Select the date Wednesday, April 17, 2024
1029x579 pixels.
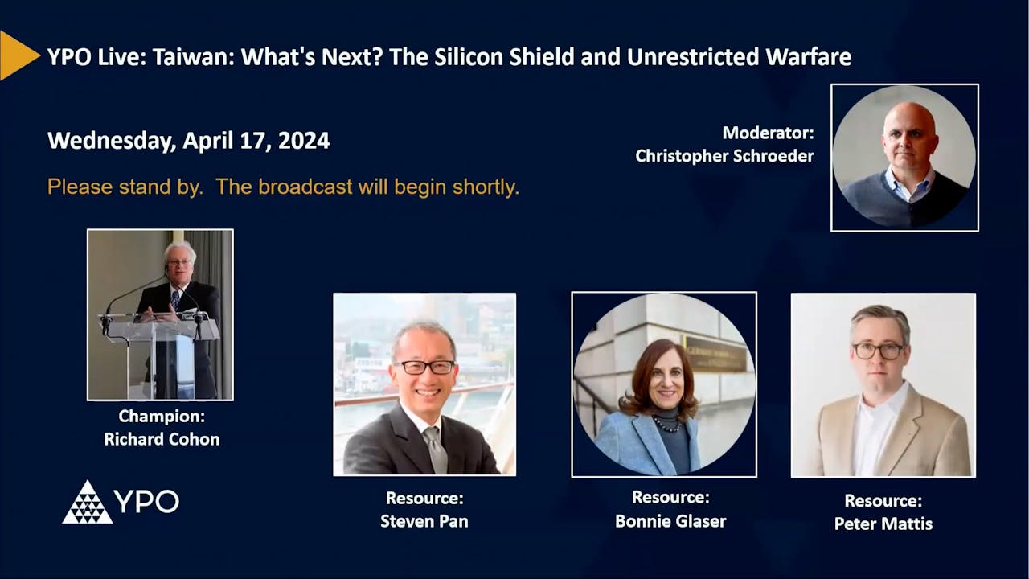[188, 141]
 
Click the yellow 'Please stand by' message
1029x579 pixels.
[283, 187]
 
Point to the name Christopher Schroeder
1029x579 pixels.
[724, 156]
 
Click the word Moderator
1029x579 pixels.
[768, 133]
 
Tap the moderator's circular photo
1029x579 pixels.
[904, 158]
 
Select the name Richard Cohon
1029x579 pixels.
[162, 439]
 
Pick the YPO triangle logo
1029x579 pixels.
[88, 503]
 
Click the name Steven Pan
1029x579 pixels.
[424, 521]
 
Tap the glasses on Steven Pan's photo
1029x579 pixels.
[424, 367]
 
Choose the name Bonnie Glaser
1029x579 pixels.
[670, 521]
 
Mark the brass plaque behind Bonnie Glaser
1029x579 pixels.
[715, 354]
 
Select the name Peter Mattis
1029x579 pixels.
[883, 524]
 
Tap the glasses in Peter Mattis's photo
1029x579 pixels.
[878, 351]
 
